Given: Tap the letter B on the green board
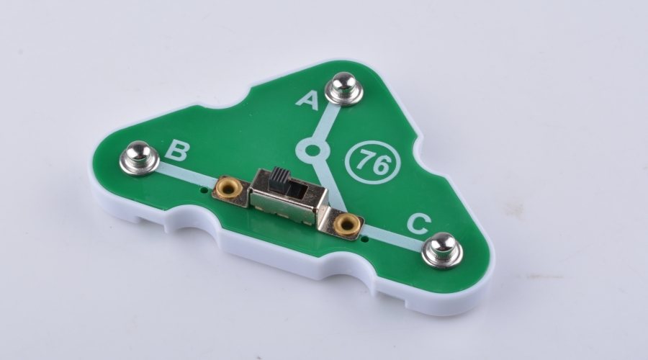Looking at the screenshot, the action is click(177, 150).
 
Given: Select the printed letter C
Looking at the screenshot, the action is click(419, 225).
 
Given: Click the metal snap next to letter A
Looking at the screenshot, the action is click(344, 88).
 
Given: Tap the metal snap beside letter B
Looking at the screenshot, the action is click(139, 158).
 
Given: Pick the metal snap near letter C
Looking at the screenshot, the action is click(442, 250).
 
